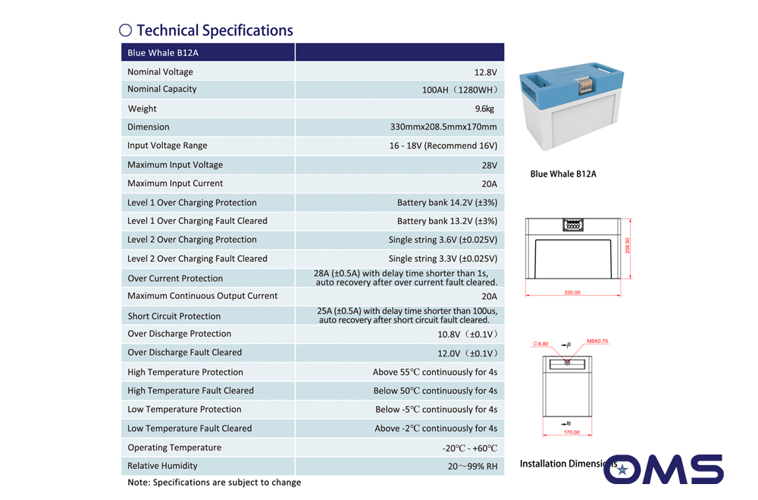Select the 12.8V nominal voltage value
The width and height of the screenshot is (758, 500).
coord(485,72)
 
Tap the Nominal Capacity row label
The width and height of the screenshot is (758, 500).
coord(162,89)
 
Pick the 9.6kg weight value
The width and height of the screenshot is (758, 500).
coord(484,108)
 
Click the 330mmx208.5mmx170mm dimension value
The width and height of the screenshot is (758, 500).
coord(443,127)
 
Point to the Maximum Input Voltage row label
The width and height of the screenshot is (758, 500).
coord(175,165)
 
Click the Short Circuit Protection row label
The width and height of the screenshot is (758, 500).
coord(174,316)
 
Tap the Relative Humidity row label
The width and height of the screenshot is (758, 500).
coord(162,466)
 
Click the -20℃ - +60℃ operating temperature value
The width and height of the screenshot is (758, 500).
coord(469,448)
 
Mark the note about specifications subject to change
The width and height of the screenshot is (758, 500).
coord(215,483)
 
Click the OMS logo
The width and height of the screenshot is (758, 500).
coord(663,469)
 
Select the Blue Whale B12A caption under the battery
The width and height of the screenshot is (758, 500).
coord(563,174)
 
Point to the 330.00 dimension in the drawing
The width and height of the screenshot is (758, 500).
coord(572,292)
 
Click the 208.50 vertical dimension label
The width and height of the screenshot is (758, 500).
coord(628,245)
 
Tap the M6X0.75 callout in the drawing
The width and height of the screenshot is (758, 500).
coord(597,341)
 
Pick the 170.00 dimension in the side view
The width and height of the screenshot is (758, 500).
coord(572,432)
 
